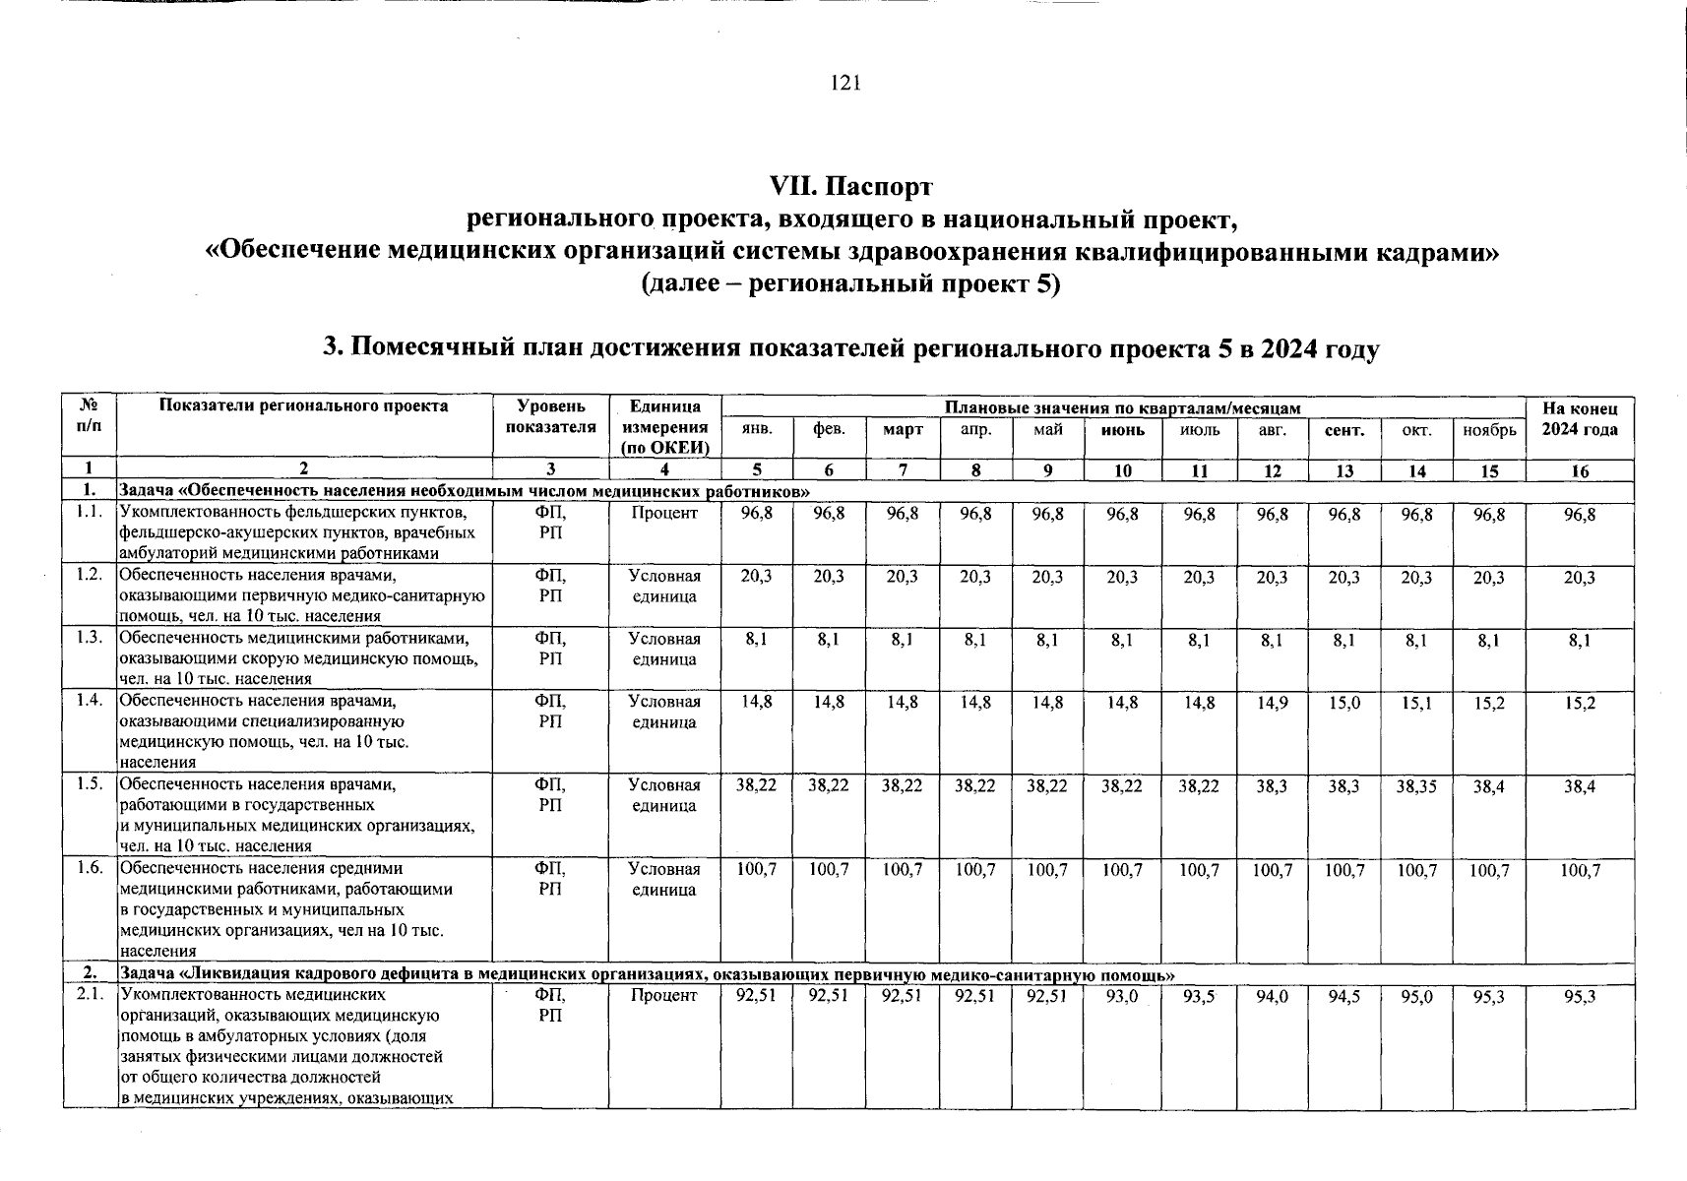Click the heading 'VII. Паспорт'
(850, 186)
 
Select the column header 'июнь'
(1122, 430)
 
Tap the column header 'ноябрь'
(1489, 430)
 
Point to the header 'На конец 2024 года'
(1579, 418)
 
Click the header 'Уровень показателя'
(550, 416)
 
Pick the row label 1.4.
(90, 701)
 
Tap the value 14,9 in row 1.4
(1273, 703)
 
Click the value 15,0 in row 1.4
(1344, 703)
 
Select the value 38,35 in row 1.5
(1416, 786)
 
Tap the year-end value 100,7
(1579, 870)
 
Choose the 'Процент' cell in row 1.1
(664, 514)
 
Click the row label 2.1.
(90, 995)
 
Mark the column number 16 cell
(1579, 471)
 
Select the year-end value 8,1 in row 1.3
(1579, 640)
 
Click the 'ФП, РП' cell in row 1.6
(550, 879)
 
